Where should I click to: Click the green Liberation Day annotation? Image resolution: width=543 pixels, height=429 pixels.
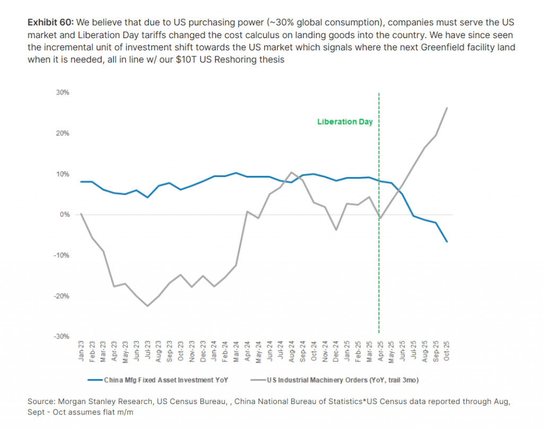pyautogui.click(x=345, y=121)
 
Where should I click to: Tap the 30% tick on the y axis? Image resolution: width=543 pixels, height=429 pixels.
pyautogui.click(x=62, y=93)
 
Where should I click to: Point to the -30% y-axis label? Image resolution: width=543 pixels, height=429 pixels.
pyautogui.click(x=61, y=337)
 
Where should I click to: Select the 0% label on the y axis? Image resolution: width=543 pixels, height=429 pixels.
pyautogui.click(x=64, y=215)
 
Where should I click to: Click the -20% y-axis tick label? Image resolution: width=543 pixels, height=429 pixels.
pyautogui.click(x=61, y=296)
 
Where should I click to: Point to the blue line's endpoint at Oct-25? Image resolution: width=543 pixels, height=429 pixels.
pyautogui.click(x=447, y=242)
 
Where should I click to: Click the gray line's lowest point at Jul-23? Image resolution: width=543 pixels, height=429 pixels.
pyautogui.click(x=147, y=306)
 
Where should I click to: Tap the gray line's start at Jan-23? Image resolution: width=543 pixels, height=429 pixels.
pyautogui.click(x=81, y=214)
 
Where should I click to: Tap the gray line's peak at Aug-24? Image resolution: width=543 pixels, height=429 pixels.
pyautogui.click(x=291, y=172)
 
